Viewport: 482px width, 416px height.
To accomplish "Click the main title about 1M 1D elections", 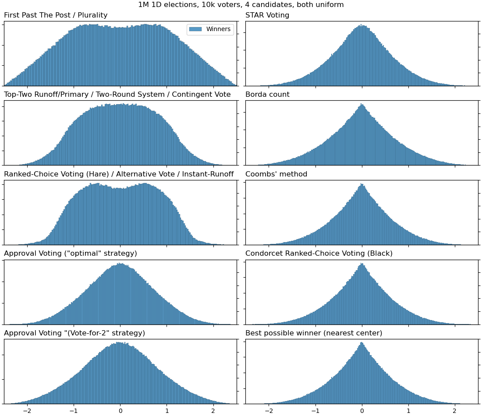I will coord(241,5).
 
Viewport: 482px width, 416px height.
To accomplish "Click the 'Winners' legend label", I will coord(218,29).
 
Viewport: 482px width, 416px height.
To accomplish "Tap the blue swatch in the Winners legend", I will coord(196,29).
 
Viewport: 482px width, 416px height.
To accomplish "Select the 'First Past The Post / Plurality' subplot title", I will coord(56,15).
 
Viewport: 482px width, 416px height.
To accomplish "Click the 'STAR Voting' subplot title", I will coord(267,15).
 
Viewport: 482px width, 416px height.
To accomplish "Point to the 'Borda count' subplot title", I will coord(267,95).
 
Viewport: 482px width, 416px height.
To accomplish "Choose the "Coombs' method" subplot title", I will coord(276,174).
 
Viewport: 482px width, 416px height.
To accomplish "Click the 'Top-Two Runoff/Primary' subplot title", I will coord(117,95).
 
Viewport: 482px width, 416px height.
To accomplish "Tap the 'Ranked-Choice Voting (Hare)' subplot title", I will coord(119,174).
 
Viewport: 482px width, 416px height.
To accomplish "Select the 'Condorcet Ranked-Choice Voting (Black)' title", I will coord(319,254).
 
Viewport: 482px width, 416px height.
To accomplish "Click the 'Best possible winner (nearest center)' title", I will coord(314,333).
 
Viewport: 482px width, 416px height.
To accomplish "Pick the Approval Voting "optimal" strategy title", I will coord(71,254).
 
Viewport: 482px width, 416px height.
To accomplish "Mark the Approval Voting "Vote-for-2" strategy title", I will coord(74,333).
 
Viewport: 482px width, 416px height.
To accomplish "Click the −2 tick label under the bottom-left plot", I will coord(27,411).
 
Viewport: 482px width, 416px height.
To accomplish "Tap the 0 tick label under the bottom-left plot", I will coord(120,411).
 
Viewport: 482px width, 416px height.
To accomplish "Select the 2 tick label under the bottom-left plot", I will coord(213,411).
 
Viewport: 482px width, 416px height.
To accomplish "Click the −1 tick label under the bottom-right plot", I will coord(315,411).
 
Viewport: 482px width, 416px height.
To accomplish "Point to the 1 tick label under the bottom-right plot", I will coord(408,411).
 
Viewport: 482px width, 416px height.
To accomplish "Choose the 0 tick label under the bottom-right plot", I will coord(362,411).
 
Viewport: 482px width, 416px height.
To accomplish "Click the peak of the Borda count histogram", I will coord(361,105).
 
